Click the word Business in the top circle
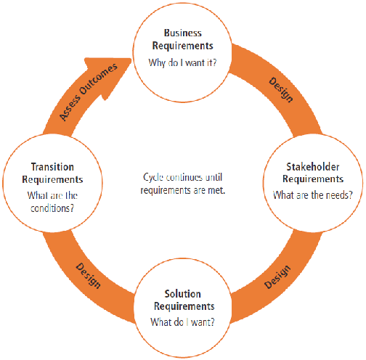[183, 33]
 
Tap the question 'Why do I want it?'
[182, 62]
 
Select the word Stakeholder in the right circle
[313, 167]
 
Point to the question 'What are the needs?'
[313, 195]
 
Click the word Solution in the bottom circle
[183, 294]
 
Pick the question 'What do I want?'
[182, 322]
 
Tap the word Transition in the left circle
[52, 167]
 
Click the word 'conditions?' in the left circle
[52, 208]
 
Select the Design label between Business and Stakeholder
[281, 90]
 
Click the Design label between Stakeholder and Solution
[277, 277]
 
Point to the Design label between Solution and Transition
[89, 276]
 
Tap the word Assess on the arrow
[70, 108]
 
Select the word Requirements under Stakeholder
[313, 179]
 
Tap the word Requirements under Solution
[184, 306]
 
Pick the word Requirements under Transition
[52, 179]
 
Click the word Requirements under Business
[183, 46]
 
